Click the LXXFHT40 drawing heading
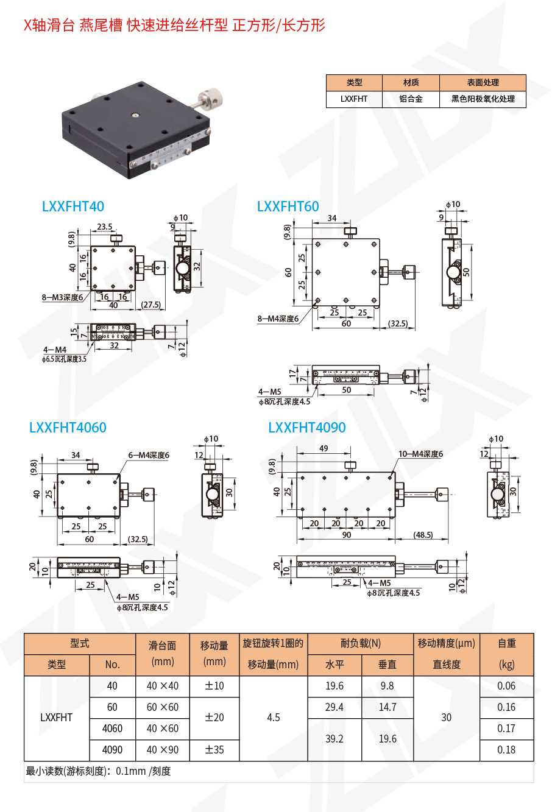point(73,207)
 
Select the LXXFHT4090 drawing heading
point(307,428)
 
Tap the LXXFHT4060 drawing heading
point(68,428)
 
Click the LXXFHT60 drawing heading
point(288,207)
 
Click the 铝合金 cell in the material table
point(411,99)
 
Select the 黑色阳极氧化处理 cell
point(483,99)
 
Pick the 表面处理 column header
point(483,82)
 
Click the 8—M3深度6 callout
point(62,297)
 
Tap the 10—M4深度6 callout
point(420,454)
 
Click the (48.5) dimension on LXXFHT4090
point(423,535)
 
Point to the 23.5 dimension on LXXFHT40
point(104,227)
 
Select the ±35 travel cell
point(214,750)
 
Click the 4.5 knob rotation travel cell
point(274,718)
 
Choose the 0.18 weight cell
point(506,750)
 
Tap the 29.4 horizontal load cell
point(334,707)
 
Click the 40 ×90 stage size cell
point(163,750)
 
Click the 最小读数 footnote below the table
point(98,771)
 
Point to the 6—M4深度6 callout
point(149,455)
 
